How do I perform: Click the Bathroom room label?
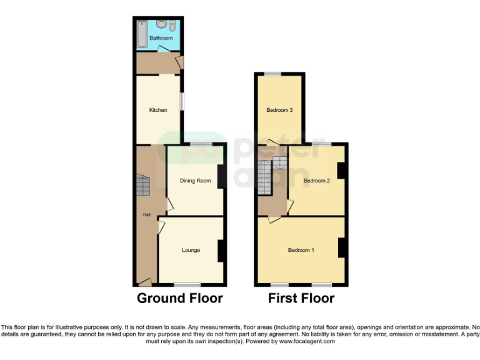click(x=161, y=38)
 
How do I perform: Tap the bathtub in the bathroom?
click(x=141, y=34)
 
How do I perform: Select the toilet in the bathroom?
click(x=172, y=26)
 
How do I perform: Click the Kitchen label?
click(x=158, y=110)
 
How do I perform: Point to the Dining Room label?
click(x=195, y=181)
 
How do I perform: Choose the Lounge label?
click(x=191, y=250)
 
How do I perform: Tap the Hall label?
click(x=147, y=215)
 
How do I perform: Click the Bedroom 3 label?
click(x=279, y=110)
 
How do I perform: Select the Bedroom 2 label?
click(x=316, y=181)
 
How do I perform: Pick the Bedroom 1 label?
click(x=301, y=250)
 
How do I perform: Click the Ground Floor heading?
click(x=179, y=298)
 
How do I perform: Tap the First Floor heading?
click(x=301, y=298)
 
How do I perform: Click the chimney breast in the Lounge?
click(x=221, y=251)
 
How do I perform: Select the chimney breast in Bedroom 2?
click(x=341, y=171)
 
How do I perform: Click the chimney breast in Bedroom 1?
click(x=342, y=247)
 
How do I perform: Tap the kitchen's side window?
click(x=182, y=102)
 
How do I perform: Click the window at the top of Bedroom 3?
click(x=272, y=74)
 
